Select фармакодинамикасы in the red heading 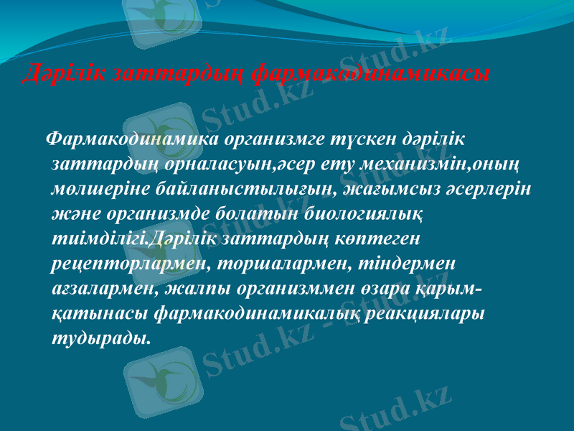point(372,73)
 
